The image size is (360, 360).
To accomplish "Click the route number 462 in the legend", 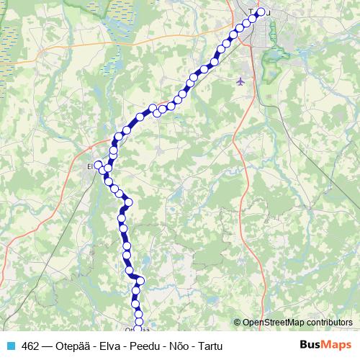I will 31,346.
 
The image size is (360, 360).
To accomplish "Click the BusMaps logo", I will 326,345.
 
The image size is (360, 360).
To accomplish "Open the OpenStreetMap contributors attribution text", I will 297,323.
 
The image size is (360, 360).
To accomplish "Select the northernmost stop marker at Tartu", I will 261,12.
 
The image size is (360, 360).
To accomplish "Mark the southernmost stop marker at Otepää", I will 138,330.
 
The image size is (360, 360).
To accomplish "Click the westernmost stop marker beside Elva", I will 99,165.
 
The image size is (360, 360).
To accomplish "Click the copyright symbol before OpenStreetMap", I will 237,323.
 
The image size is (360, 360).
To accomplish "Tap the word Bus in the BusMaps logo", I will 310,345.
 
